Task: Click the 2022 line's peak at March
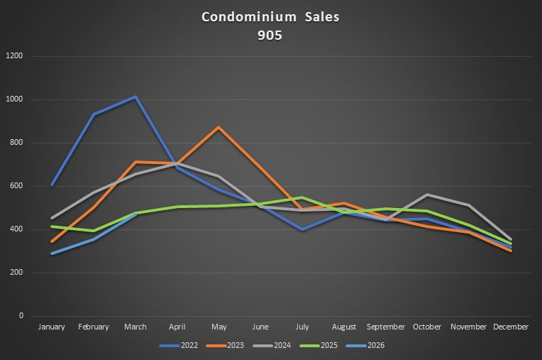(x=135, y=97)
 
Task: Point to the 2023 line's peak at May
(x=219, y=128)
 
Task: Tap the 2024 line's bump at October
(x=427, y=195)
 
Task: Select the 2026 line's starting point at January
(x=52, y=253)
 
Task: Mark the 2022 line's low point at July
(x=302, y=229)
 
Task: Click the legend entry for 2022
(x=179, y=346)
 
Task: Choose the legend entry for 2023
(x=225, y=346)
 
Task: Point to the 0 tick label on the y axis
(x=21, y=316)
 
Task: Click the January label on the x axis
(x=52, y=327)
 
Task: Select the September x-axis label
(x=386, y=327)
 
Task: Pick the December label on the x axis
(x=511, y=327)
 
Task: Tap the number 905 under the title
(x=270, y=34)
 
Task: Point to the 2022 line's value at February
(x=94, y=114)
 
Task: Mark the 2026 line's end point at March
(x=135, y=214)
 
